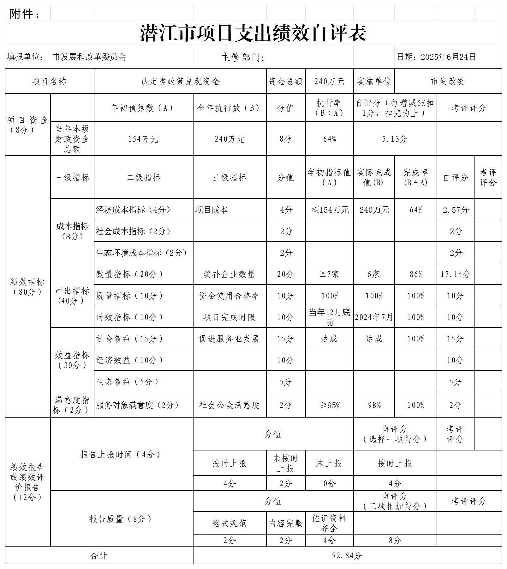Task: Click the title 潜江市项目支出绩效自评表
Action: coord(253,33)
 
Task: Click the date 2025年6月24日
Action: coord(448,57)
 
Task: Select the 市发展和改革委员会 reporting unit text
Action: coord(89,57)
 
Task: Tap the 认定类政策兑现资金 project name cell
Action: coord(180,82)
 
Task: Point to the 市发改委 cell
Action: coord(448,82)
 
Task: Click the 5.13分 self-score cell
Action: coord(395,139)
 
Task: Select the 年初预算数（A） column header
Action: coord(143,108)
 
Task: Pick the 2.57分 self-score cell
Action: coord(456,210)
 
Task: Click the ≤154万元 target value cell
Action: coord(329,210)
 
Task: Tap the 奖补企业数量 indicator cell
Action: coord(230,274)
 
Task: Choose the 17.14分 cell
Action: coord(456,274)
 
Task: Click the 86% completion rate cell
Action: coord(415,274)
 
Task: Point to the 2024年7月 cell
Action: coord(374,317)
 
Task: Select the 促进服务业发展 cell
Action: coord(230,339)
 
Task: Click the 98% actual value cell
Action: coord(374,405)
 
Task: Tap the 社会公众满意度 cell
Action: coord(230,405)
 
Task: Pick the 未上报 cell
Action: coord(329,463)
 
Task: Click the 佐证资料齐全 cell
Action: coord(329,523)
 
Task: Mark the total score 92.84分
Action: coord(347,555)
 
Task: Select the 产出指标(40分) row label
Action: coord(72,296)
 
